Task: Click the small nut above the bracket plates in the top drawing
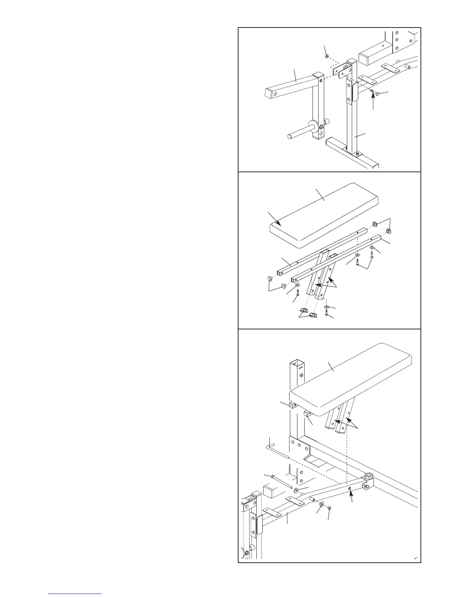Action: (327, 57)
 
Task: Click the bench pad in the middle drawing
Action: (325, 215)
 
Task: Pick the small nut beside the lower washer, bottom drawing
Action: (330, 507)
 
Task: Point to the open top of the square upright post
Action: (297, 364)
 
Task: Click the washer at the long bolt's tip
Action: (296, 490)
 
